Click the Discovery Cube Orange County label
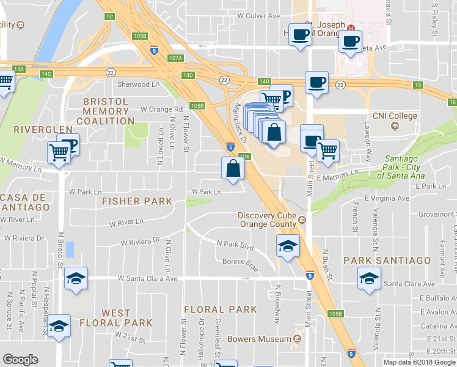point(266,219)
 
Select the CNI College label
point(395,116)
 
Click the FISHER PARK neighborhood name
point(137,201)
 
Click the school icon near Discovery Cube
point(288,247)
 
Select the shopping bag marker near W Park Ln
point(233,168)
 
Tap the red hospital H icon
point(350,28)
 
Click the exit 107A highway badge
point(175,58)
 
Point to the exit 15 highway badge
point(418,85)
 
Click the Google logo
point(20,360)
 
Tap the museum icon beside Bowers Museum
point(299,338)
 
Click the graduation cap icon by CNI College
point(395,126)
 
